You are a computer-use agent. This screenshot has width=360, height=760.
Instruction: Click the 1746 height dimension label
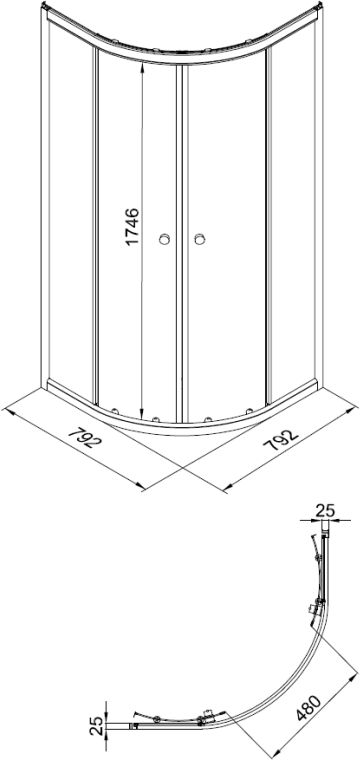coord(133,226)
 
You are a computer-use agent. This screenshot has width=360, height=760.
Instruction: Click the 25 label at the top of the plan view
coord(326,510)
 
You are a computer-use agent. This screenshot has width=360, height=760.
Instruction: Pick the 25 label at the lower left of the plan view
coord(97,726)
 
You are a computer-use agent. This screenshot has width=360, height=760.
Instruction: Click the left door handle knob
coord(165,238)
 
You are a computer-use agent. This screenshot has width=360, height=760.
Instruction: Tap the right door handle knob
coord(199,238)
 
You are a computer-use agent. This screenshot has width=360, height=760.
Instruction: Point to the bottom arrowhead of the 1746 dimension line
coord(142,415)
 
